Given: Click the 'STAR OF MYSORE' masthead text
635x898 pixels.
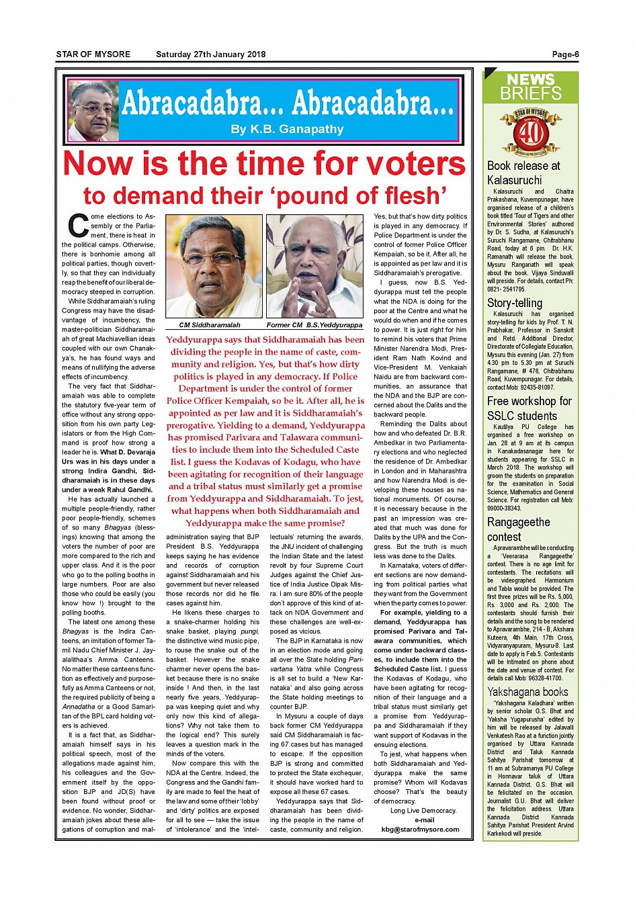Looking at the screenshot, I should [x=93, y=54].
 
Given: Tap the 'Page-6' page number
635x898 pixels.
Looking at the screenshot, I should [x=565, y=54].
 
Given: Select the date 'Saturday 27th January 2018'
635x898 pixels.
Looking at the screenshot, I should [x=210, y=54].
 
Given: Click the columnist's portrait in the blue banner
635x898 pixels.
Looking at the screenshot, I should [x=93, y=111].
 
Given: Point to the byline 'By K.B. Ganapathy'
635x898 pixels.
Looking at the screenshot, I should [x=287, y=129].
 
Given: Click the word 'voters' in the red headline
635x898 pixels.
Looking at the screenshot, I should [x=415, y=164].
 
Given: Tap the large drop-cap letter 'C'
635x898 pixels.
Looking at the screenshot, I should [x=79, y=226].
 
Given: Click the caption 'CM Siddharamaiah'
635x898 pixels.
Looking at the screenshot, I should [x=209, y=325].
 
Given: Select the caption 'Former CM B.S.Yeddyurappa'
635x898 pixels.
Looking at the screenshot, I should [x=314, y=325].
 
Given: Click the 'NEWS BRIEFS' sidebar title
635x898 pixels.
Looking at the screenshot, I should [x=530, y=87].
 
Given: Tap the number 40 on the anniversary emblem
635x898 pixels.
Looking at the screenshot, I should [x=531, y=132].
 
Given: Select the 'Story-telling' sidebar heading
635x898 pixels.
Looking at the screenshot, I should [x=515, y=303].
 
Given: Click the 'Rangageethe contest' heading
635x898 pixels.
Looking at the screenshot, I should [x=518, y=529].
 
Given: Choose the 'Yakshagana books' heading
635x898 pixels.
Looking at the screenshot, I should [x=527, y=692].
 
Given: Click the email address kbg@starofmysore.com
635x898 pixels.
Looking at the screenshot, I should [x=420, y=829].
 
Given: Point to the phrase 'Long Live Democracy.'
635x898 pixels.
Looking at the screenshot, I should [x=423, y=810].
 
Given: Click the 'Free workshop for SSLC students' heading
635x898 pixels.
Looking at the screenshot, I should [x=529, y=408].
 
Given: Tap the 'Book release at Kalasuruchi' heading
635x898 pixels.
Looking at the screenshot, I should [x=523, y=173].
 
